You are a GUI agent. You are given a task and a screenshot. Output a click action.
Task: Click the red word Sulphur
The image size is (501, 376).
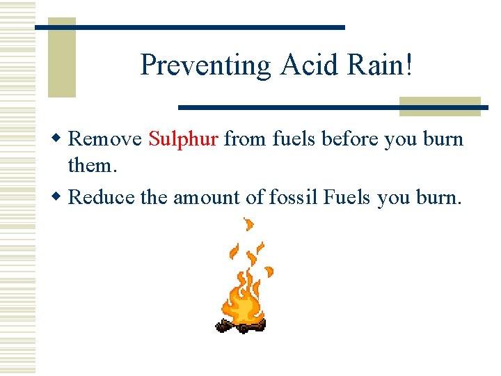[x=184, y=139]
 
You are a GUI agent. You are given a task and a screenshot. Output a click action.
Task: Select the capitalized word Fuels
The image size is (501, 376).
[x=348, y=198]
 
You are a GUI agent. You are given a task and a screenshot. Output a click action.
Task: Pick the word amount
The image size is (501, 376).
[x=205, y=198]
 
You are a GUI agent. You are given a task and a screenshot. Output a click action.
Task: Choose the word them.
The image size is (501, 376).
[x=90, y=166]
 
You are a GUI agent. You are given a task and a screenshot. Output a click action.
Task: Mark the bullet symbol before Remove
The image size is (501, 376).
[x=61, y=139]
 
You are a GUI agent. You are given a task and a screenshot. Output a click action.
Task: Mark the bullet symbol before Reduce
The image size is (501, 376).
[x=61, y=198]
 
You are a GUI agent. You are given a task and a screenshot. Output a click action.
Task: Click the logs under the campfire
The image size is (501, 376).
[x=241, y=325]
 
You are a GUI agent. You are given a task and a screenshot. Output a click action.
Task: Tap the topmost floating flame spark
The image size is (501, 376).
[x=248, y=225]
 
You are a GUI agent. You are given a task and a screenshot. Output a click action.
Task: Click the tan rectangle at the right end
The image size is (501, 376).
[x=440, y=106]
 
